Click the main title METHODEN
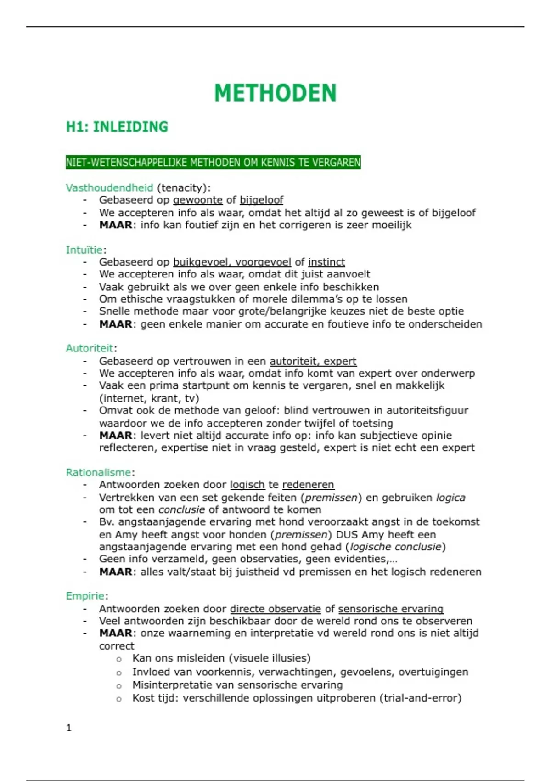[275, 93]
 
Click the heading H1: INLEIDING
[117, 127]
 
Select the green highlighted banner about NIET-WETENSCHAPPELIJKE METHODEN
[213, 162]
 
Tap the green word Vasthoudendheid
[109, 187]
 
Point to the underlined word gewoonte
[198, 200]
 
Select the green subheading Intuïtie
[84, 249]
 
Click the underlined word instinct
[326, 262]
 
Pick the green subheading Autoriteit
[90, 348]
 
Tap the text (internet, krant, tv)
[149, 398]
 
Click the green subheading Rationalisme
[98, 472]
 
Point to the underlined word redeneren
[308, 485]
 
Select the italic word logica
[450, 498]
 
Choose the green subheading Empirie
[85, 596]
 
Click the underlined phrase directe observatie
[275, 609]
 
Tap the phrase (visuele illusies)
[267, 658]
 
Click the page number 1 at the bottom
[69, 728]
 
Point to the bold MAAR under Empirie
[116, 633]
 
